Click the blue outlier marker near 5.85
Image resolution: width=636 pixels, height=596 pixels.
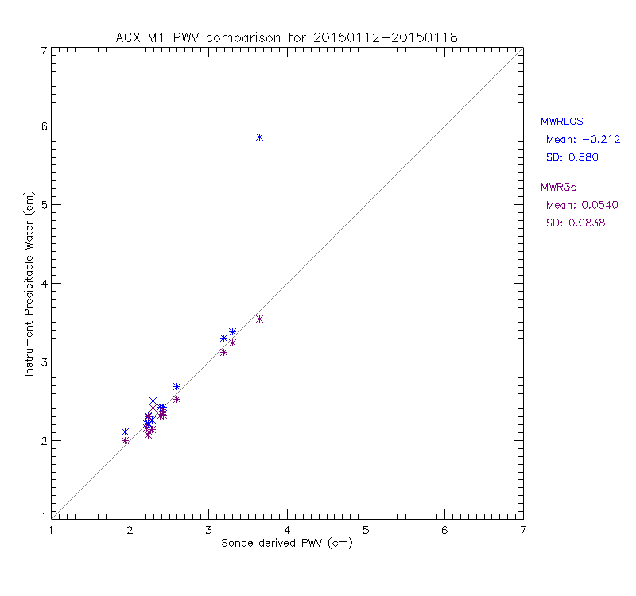pos(259,137)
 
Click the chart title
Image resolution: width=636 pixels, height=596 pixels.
pos(286,37)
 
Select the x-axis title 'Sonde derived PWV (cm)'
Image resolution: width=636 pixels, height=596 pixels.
pos(286,544)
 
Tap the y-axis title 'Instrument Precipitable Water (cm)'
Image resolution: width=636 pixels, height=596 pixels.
pos(29,284)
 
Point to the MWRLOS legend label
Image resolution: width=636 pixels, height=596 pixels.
pos(562,122)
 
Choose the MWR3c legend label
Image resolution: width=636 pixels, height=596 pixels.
pos(560,188)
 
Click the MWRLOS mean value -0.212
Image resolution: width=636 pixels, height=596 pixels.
pos(577,140)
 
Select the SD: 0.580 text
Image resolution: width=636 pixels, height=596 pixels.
pos(572,157)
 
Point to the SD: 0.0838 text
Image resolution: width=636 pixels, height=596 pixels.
pos(576,223)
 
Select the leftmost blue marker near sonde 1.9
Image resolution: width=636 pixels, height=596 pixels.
pos(125,432)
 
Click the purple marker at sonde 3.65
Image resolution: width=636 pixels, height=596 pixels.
pos(259,319)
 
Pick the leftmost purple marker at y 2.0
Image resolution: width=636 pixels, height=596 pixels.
pos(125,440)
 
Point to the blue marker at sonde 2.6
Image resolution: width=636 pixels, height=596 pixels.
pos(176,387)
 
